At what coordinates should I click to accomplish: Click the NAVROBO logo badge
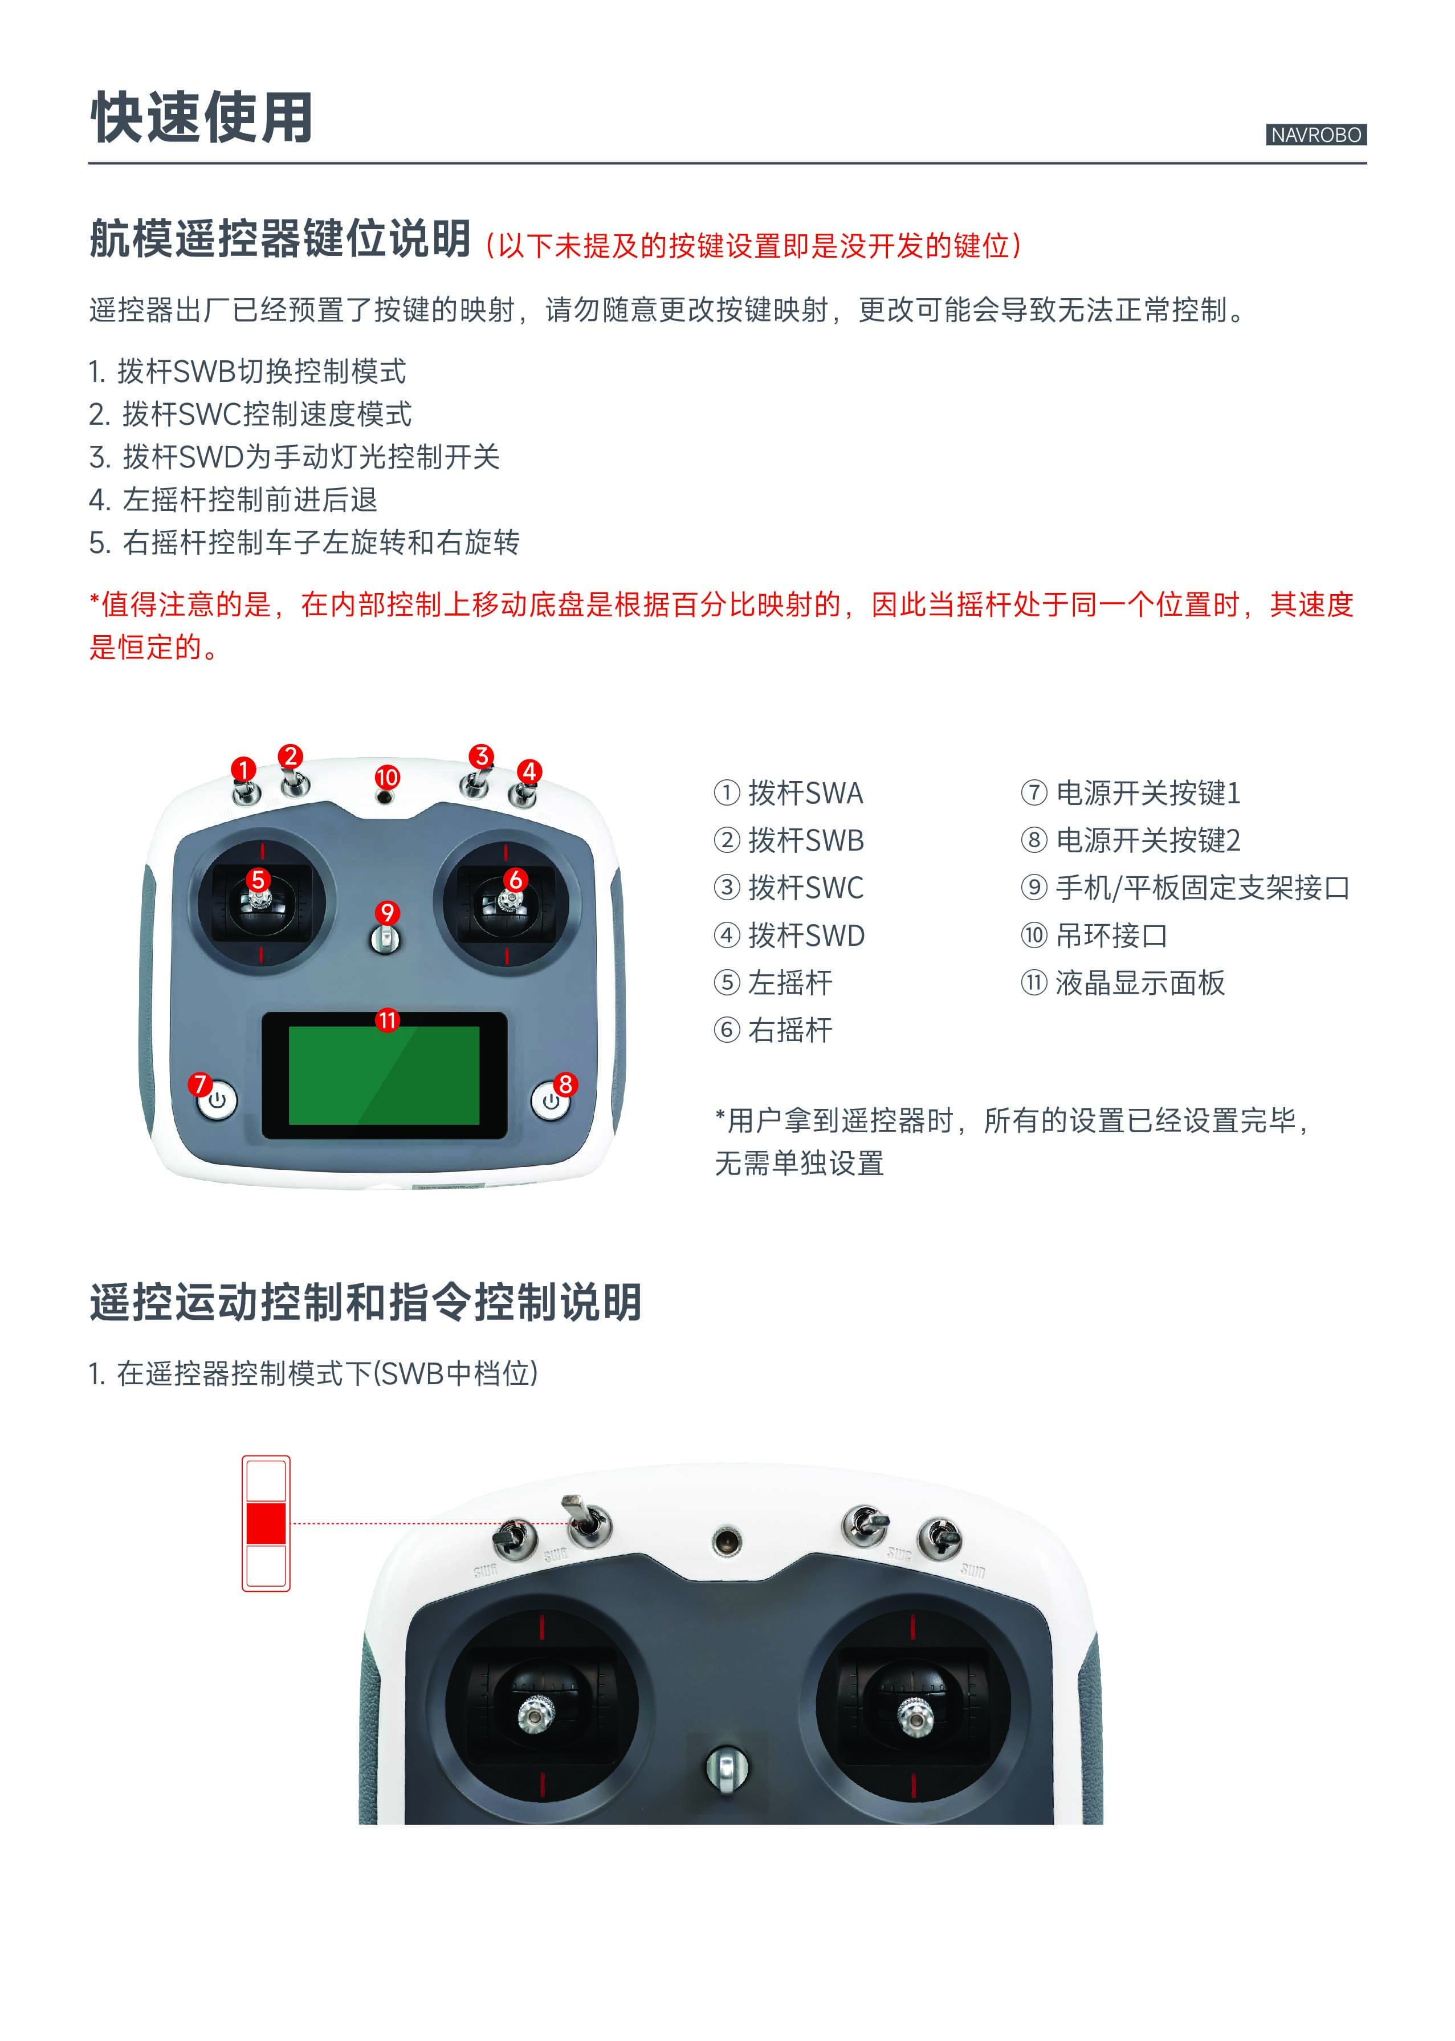[x=1316, y=135]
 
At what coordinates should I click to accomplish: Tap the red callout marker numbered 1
[x=243, y=769]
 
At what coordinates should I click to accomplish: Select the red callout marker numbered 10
[x=387, y=777]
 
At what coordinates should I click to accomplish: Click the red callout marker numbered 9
[x=387, y=913]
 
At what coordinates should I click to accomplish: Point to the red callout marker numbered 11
[x=387, y=1020]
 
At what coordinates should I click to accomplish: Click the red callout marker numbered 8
[x=565, y=1084]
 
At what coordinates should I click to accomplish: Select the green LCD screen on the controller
[x=384, y=1076]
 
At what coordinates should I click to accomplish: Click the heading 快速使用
[x=202, y=117]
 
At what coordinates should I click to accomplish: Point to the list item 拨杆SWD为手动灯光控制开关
[x=294, y=457]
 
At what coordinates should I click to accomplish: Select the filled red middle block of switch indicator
[x=266, y=1524]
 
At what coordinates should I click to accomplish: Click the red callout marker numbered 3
[x=482, y=755]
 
